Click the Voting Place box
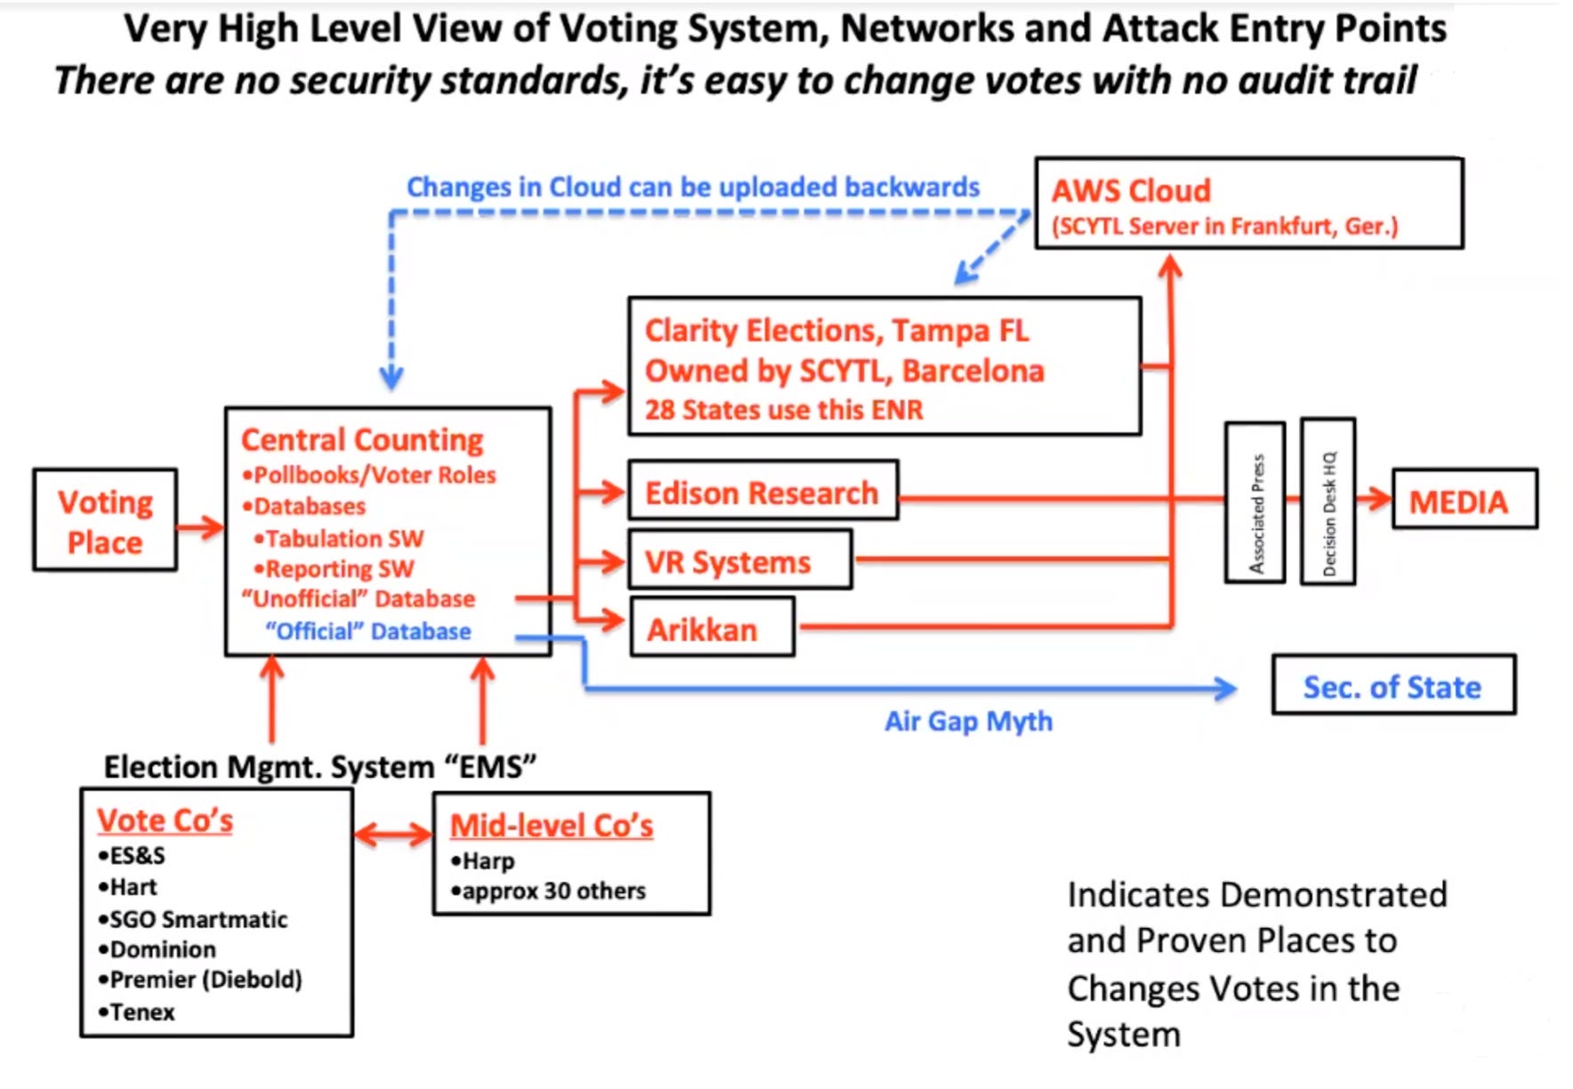[105, 520]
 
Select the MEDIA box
[1464, 499]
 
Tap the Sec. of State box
[1393, 685]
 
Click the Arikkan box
[712, 627]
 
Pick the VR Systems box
[740, 560]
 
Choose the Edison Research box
[763, 490]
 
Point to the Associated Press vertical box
[1255, 503]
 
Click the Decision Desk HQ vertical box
[1328, 502]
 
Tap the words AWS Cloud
[1131, 190]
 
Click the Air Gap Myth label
[968, 721]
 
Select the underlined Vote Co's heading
[165, 820]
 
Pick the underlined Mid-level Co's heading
[552, 826]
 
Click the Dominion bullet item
[157, 949]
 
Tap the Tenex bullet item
[136, 1012]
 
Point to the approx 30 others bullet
[548, 891]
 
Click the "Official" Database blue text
[368, 631]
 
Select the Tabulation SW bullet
[339, 538]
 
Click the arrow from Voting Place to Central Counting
[200, 527]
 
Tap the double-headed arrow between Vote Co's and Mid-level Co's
[392, 835]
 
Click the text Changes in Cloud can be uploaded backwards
[693, 187]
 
